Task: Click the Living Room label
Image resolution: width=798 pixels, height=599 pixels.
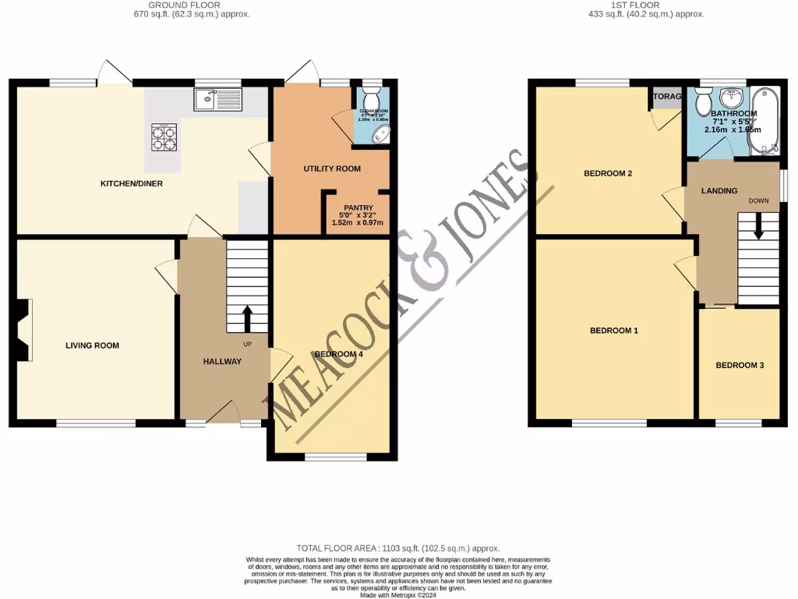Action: pos(92,346)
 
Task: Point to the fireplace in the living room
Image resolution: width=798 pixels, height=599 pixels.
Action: pos(21,330)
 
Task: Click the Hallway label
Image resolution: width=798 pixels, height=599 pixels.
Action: pos(222,362)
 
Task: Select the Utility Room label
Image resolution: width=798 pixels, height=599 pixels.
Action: pos(332,168)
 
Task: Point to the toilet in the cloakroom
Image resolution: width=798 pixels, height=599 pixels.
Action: pos(371,101)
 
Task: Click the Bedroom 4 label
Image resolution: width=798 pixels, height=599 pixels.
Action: pos(338,355)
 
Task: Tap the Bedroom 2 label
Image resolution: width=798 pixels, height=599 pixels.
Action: pos(608,173)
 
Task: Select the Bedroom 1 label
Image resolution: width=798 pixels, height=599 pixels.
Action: pos(614,331)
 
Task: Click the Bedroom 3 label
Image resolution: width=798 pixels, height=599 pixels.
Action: pos(740,365)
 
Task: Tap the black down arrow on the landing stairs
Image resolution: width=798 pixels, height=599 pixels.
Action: pos(758,229)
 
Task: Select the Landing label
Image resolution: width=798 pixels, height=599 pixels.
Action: pos(719,191)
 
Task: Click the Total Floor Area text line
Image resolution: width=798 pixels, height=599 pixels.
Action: pos(398,549)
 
